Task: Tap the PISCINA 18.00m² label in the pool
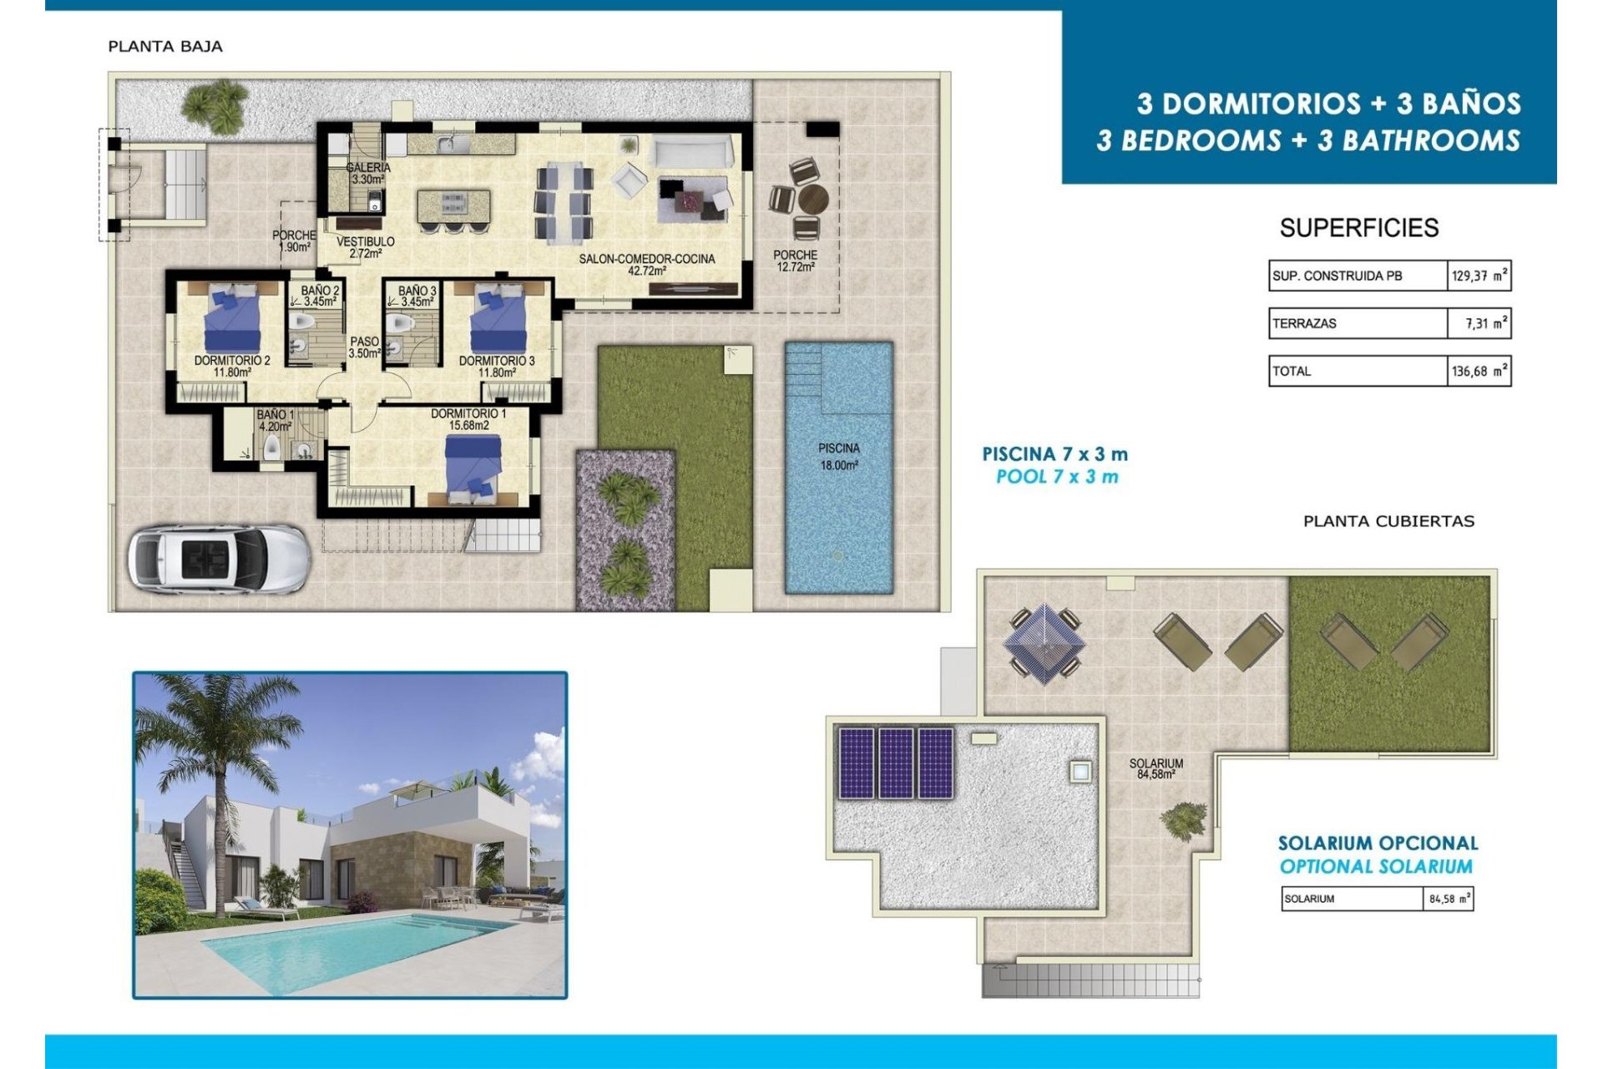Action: pos(838,457)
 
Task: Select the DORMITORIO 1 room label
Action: pos(468,419)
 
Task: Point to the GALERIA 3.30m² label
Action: pos(368,173)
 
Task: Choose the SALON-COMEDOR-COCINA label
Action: pos(647,264)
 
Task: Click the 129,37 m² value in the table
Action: pos(1479,276)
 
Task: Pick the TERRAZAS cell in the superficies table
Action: pos(1357,323)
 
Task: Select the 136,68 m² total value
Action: pos(1479,371)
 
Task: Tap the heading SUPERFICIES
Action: pos(1358,228)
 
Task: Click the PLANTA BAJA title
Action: pos(165,47)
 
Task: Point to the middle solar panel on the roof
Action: pos(896,763)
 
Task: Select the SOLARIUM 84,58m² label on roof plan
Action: pos(1155,768)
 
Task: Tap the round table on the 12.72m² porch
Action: pos(812,200)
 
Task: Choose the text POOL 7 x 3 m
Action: pos(1056,477)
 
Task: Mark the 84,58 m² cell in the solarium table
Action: pos(1449,899)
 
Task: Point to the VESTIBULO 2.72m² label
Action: pos(366,247)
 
